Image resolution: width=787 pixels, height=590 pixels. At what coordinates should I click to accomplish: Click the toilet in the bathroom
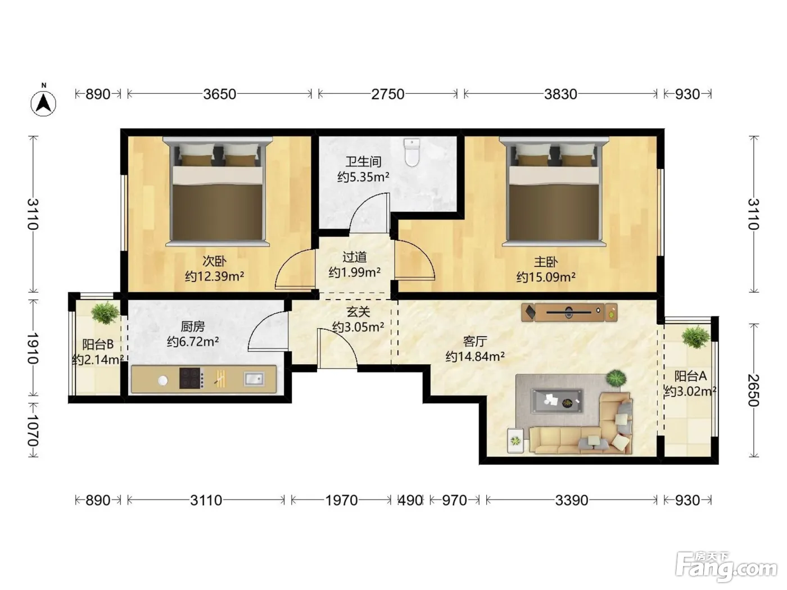point(412,153)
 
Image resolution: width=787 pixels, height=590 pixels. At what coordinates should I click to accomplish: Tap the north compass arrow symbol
point(43,103)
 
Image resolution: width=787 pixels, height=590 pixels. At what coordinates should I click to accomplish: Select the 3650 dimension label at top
point(219,94)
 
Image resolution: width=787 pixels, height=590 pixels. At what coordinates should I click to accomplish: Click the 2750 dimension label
point(387,94)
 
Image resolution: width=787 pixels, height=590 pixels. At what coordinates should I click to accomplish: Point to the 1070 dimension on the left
point(33,430)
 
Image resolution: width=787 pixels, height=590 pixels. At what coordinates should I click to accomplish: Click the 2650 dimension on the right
point(754,391)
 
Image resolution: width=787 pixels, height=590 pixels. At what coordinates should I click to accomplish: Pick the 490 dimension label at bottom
point(410,500)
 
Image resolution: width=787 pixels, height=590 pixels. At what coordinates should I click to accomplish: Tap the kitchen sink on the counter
point(254,379)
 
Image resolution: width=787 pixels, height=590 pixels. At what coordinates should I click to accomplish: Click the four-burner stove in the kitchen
point(192,378)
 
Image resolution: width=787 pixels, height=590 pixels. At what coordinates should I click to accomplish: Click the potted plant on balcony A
point(695,337)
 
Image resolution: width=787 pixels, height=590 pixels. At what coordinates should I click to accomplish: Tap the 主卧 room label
point(546,262)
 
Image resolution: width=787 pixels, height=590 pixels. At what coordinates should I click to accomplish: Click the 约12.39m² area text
point(214,276)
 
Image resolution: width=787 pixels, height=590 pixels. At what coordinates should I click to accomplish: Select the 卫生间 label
point(363,162)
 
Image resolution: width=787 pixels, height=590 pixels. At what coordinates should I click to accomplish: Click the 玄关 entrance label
point(358,312)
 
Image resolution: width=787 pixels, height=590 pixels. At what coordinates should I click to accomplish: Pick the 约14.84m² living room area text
point(475,356)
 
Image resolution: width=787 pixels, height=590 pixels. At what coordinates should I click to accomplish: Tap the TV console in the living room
point(569,312)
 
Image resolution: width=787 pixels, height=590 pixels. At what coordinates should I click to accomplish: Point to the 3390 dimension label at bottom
point(572,500)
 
